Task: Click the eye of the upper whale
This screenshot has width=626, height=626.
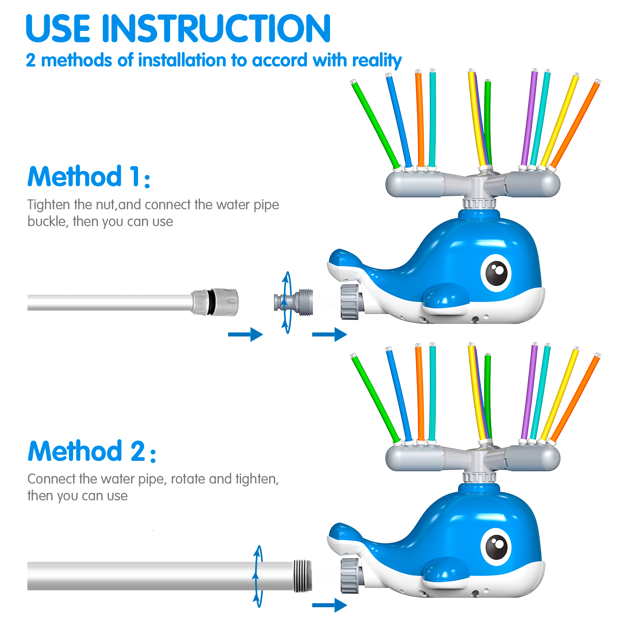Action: click(496, 273)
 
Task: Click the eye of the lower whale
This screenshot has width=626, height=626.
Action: click(496, 547)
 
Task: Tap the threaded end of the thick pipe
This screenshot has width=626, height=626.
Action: click(302, 576)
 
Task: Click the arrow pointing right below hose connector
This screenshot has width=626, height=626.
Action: click(245, 334)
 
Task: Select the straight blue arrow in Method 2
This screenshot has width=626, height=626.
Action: click(329, 605)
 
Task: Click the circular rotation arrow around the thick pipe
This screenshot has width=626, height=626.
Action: click(257, 576)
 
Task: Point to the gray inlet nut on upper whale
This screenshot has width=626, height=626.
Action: click(349, 302)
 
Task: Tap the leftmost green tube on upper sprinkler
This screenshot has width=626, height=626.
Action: click(375, 124)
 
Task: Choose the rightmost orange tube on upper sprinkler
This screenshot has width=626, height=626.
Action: click(575, 124)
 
